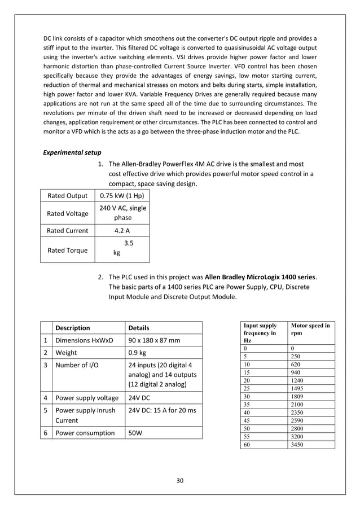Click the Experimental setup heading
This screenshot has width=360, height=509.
72,152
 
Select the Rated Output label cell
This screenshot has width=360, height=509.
68,196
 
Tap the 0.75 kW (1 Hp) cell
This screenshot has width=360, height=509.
122,196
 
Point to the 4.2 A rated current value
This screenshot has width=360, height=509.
122,230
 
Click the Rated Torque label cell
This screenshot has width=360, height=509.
68,250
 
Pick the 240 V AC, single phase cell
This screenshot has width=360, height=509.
122,213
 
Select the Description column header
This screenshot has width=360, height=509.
74,327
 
